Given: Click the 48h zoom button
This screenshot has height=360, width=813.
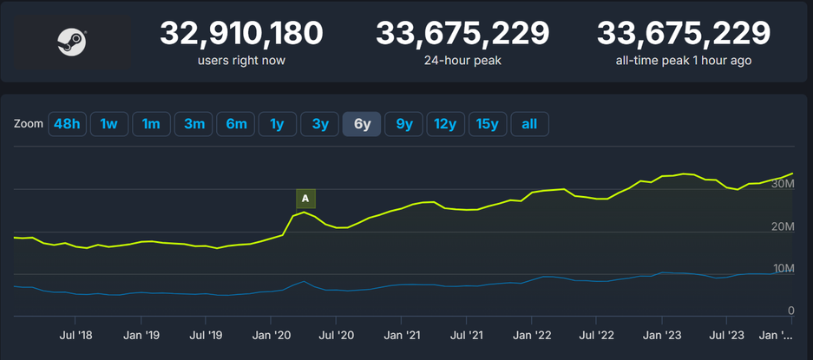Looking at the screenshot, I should (67, 124).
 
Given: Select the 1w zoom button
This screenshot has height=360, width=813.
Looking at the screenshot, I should (108, 124).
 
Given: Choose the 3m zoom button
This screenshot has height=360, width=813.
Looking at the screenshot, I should (193, 124).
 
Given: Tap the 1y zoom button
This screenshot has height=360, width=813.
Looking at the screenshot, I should (277, 124).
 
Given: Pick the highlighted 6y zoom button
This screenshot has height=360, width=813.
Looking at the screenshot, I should (362, 124).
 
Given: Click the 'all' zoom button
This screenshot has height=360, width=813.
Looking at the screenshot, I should (529, 124).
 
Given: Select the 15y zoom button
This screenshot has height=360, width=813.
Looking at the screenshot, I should (488, 124).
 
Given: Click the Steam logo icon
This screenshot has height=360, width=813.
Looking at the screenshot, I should (71, 41).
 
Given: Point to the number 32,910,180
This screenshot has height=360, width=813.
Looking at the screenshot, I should (241, 34).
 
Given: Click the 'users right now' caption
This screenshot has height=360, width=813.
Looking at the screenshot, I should (241, 61).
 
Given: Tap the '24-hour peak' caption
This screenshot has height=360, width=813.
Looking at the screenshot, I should (462, 61).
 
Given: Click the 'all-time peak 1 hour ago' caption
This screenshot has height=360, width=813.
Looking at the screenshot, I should (683, 61).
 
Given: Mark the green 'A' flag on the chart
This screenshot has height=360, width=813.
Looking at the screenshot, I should (305, 199).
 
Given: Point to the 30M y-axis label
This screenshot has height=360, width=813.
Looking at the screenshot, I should (782, 184).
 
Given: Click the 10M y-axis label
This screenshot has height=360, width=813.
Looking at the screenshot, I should (782, 268).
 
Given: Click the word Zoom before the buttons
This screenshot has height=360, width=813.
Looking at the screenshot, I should (29, 124).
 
